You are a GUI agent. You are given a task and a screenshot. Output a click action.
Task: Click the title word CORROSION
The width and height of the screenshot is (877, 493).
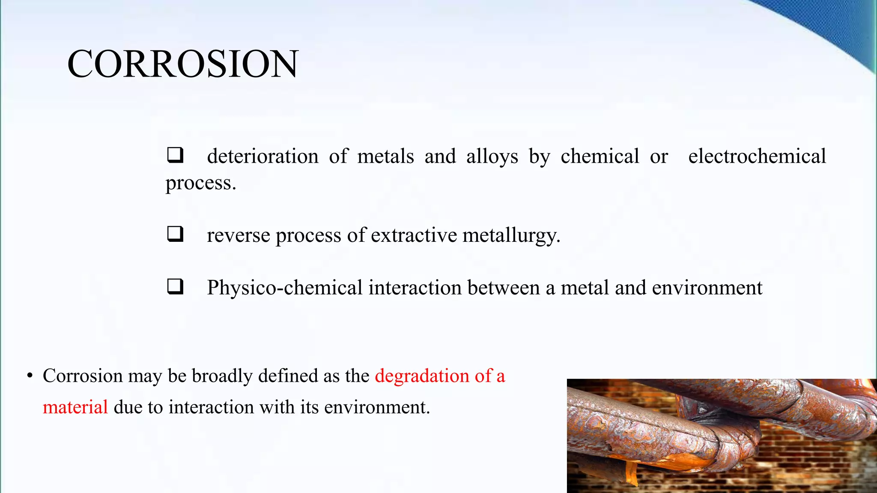point(182,64)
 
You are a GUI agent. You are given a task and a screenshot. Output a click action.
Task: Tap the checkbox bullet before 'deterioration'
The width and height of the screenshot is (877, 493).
point(175,155)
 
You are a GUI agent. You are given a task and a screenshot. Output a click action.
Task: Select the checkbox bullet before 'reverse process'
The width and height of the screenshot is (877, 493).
point(175,234)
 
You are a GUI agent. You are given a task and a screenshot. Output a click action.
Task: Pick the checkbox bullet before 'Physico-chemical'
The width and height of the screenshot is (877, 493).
point(175,287)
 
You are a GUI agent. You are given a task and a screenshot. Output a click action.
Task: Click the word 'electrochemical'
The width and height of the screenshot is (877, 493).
point(757,156)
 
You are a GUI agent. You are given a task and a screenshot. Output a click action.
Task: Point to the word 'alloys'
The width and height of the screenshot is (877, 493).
point(492,157)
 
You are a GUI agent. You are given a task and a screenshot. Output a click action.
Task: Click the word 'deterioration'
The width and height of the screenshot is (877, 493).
point(263,156)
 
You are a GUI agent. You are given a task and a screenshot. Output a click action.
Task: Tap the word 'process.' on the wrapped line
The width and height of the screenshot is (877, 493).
point(201,183)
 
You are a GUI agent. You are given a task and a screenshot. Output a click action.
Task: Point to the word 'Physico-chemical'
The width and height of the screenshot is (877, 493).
point(285,288)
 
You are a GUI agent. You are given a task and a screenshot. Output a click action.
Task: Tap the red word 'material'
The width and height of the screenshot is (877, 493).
point(75,407)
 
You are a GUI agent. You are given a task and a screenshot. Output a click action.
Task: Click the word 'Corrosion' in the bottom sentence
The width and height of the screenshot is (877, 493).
point(83,376)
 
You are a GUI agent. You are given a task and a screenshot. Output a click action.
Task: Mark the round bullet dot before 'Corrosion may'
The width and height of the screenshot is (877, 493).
point(30,376)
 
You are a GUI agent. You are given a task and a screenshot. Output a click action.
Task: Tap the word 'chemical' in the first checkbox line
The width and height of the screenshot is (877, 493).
point(600,156)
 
